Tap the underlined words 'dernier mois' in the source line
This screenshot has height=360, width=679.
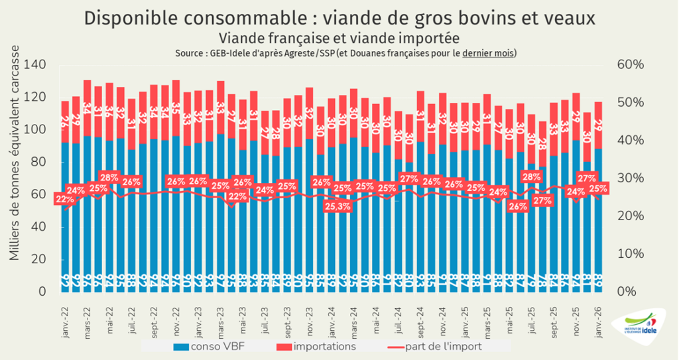tap(488, 53)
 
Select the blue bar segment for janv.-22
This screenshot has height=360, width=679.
tap(65, 212)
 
